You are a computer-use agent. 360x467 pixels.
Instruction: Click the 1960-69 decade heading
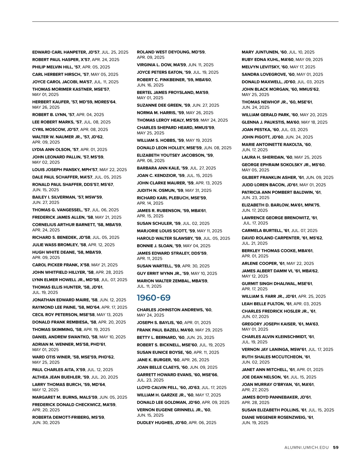(x=154, y=298)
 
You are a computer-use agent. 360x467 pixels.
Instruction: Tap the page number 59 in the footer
(x=336, y=448)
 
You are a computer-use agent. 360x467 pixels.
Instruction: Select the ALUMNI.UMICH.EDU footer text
(x=307, y=448)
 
